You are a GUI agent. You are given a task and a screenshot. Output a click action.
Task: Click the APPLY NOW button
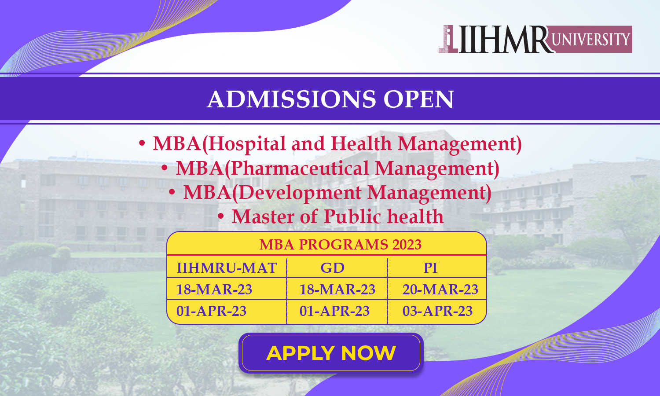pyautogui.click(x=331, y=353)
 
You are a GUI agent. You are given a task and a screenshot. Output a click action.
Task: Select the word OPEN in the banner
pyautogui.click(x=419, y=99)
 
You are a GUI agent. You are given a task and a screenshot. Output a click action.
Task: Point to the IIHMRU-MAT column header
pyautogui.click(x=226, y=268)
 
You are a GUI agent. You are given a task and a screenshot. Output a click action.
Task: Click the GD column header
pyautogui.click(x=332, y=268)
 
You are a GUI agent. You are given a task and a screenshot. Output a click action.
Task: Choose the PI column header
pyautogui.click(x=430, y=268)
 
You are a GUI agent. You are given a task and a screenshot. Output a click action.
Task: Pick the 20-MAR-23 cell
pyautogui.click(x=440, y=290)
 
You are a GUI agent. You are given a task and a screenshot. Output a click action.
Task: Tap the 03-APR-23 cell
pyautogui.click(x=437, y=311)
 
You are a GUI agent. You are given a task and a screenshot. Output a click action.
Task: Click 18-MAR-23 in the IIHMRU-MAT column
pyautogui.click(x=214, y=290)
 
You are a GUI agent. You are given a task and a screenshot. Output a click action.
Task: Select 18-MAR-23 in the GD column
pyautogui.click(x=337, y=290)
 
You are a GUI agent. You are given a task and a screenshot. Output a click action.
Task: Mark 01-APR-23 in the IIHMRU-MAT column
pyautogui.click(x=211, y=311)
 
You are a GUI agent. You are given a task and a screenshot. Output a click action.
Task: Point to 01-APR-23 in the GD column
pyautogui.click(x=334, y=311)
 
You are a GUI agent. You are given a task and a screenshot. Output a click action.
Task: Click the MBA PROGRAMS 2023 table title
pyautogui.click(x=340, y=245)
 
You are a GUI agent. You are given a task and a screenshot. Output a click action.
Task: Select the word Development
pyautogui.click(x=300, y=192)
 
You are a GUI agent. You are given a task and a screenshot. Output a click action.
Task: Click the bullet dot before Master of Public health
pyautogui.click(x=221, y=216)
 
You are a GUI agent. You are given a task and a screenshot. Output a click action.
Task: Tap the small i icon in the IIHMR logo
pyautogui.click(x=448, y=39)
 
